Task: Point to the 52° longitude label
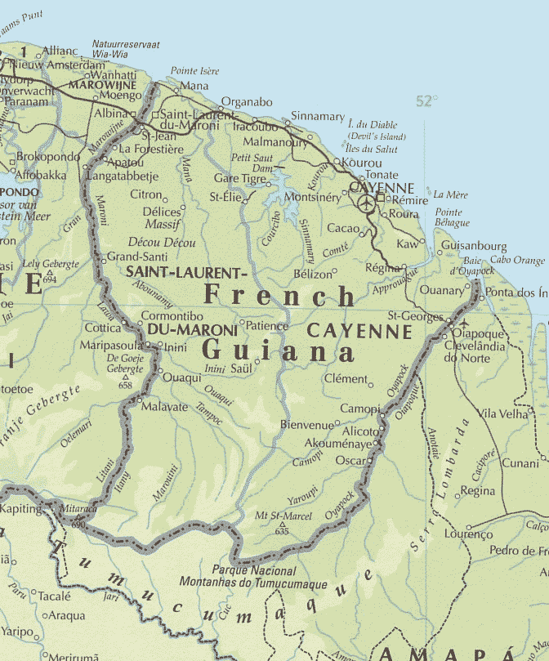coord(426,101)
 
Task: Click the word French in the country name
coord(279,296)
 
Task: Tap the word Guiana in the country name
coord(278,352)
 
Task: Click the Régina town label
coord(382,268)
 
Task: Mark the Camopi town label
coord(359,408)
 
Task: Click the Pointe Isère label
coord(194,71)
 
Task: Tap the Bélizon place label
coord(314,274)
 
